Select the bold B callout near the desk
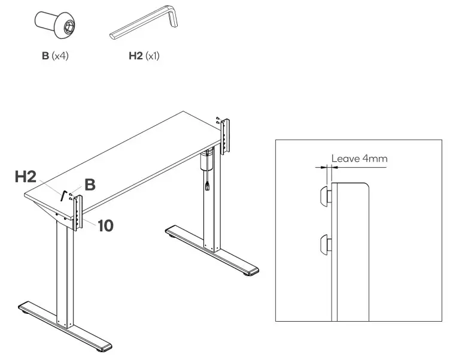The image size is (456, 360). (90, 185)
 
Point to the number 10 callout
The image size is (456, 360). (105, 225)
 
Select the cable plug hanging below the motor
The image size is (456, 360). (207, 186)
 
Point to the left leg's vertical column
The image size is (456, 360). (65, 276)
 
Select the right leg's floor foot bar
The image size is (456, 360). (212, 250)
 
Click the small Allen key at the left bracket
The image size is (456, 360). (63, 195)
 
